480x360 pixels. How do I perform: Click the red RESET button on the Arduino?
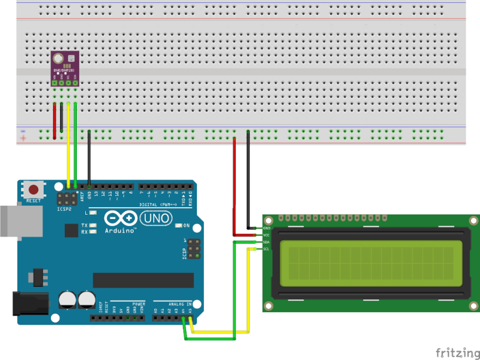coord(33,190)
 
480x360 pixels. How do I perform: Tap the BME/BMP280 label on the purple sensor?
coord(64,70)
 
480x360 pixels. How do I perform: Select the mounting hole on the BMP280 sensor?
coord(58,59)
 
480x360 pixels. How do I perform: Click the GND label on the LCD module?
coord(267,228)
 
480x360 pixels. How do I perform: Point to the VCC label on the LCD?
coord(267,235)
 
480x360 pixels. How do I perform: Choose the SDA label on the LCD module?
coord(267,242)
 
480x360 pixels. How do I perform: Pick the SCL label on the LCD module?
coord(267,248)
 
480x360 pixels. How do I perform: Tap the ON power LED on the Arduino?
coord(179,226)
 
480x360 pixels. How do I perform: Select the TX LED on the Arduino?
coord(92,226)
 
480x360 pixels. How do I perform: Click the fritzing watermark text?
coord(457,352)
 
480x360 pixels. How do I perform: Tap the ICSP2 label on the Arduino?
coord(65,209)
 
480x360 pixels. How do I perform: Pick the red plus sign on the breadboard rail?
coord(23,139)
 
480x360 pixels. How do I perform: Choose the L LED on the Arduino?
coord(92,213)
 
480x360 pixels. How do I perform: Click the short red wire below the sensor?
coord(55,120)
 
